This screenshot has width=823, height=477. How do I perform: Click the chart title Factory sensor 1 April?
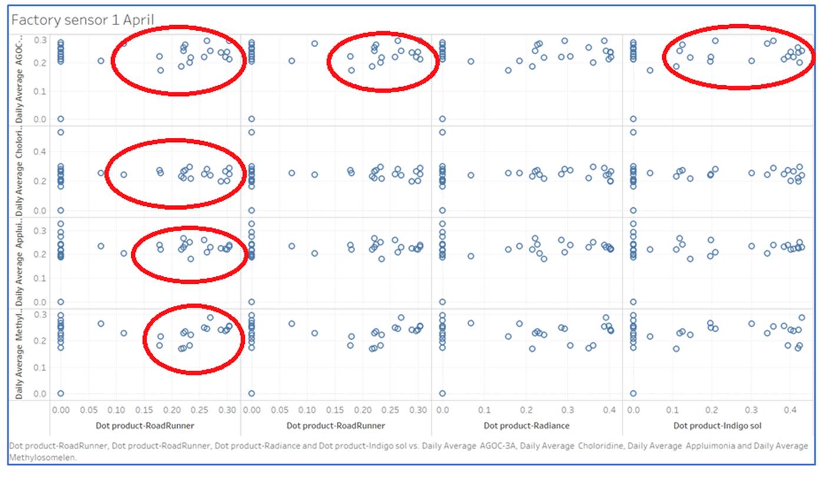point(82,20)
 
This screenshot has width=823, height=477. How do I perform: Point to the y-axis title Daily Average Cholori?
point(19,171)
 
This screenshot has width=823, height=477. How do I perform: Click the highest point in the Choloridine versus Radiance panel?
point(442,132)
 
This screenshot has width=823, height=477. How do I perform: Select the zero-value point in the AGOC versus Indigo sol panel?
point(633,119)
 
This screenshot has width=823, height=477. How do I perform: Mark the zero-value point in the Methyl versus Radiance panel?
point(442,393)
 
